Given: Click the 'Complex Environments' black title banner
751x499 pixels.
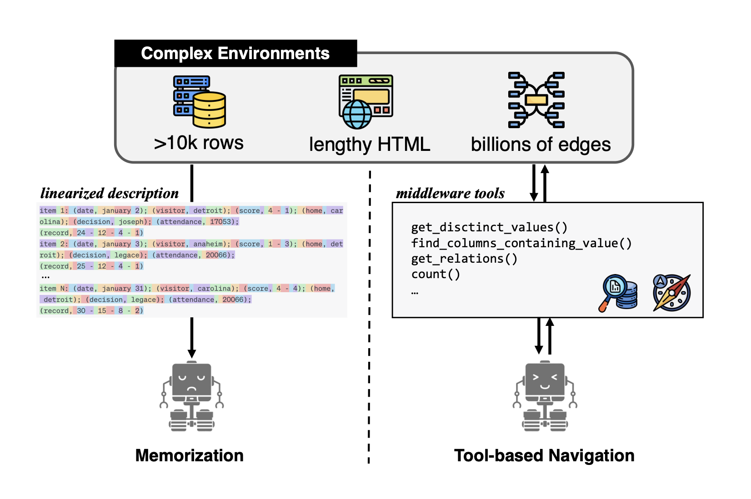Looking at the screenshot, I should (235, 54).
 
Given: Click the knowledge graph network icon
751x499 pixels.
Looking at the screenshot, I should (536, 100).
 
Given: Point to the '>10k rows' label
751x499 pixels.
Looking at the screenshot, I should (199, 143).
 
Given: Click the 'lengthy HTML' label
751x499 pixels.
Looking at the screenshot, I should (369, 145).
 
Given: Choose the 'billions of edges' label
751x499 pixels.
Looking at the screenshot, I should (541, 145).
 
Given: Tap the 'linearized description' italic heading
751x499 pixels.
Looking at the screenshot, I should (110, 194).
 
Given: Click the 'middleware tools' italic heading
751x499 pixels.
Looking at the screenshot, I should (450, 194).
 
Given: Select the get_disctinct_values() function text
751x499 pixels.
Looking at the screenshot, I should (489, 227).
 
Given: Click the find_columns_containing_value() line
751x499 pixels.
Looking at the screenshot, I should (521, 243).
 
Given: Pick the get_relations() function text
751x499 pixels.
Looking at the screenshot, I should (464, 259).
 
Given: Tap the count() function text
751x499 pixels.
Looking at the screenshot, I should (436, 274).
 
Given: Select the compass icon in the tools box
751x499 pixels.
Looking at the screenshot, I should (671, 293).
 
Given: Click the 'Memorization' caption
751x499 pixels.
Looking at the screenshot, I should (189, 455).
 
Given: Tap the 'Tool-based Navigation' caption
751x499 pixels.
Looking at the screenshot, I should (544, 455).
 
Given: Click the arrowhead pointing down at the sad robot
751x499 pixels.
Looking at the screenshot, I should (192, 354).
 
